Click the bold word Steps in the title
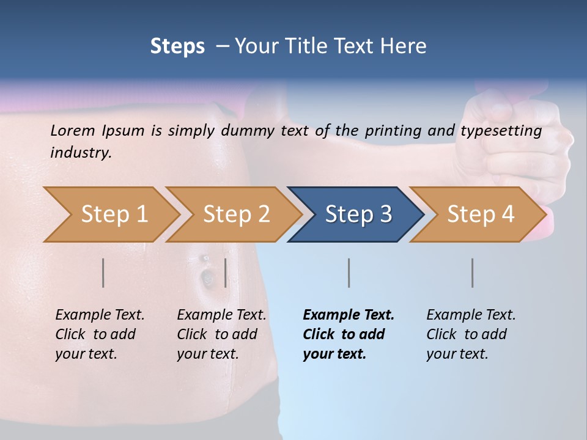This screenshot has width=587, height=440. coord(177,46)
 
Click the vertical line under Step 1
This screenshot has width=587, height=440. coord(103,273)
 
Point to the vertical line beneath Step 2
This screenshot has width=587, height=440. coord(226,273)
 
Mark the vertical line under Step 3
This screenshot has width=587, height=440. coord(349,273)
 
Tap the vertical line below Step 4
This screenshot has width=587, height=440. coord(472,273)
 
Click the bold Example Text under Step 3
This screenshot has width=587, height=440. coord(349,315)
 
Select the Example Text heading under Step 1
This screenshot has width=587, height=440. coord(100,315)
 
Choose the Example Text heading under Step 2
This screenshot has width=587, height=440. coord(221,315)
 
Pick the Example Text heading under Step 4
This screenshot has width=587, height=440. coord(471,315)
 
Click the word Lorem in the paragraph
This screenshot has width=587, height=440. coord(73,130)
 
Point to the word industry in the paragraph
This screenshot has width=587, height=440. coord(81,153)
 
